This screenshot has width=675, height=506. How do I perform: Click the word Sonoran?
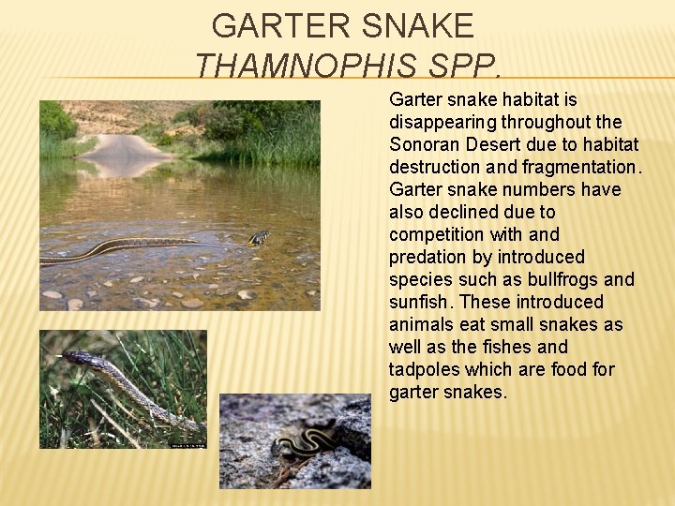coord(424,144)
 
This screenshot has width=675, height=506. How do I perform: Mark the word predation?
coord(427,257)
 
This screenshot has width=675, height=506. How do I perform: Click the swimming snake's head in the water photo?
coord(259,237)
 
